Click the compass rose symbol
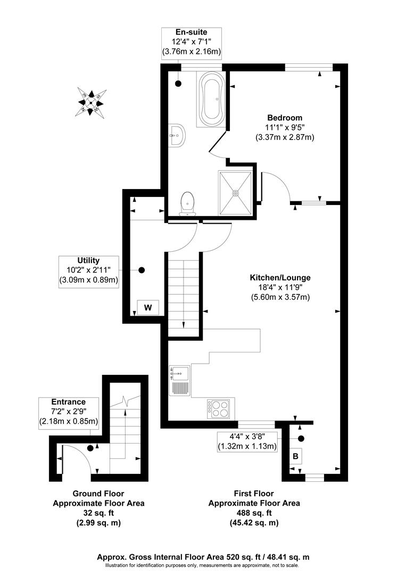(92, 101)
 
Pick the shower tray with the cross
(235, 192)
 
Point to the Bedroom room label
(285, 118)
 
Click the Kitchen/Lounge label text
(280, 277)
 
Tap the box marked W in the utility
(148, 307)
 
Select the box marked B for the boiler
(295, 456)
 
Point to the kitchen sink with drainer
(178, 380)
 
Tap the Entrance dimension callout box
(69, 412)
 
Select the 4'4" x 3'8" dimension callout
(248, 441)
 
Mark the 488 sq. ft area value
(254, 513)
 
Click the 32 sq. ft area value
(98, 513)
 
